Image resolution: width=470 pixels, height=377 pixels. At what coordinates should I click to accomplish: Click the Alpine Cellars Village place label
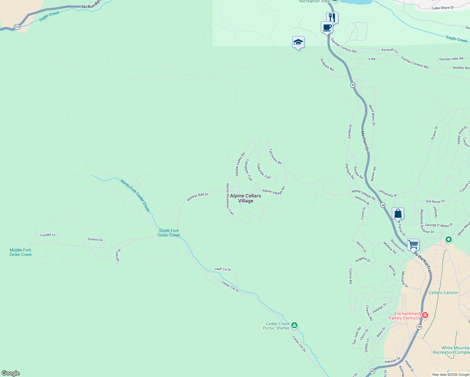click(x=245, y=198)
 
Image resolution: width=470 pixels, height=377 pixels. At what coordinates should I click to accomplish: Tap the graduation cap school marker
click(x=298, y=42)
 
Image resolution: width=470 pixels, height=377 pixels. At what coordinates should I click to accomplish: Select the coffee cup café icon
click(x=327, y=27)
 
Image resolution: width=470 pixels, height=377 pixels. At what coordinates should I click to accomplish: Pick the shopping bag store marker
click(x=398, y=213)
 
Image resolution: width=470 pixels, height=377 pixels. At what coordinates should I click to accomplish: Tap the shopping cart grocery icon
click(x=413, y=244)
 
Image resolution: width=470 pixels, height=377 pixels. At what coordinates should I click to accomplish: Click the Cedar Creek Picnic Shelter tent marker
click(x=294, y=325)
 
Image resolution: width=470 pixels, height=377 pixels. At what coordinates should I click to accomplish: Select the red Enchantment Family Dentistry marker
click(x=425, y=315)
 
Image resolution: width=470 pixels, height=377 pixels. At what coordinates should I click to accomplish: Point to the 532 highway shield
click(x=17, y=27)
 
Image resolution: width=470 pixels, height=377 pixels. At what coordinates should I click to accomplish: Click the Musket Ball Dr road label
click(x=198, y=197)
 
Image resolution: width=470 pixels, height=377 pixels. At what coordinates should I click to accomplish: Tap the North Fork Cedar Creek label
click(x=135, y=196)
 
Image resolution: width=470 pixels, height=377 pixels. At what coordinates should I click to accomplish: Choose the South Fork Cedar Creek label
click(x=169, y=233)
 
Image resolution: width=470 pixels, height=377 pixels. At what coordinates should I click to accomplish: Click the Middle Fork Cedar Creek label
click(x=20, y=252)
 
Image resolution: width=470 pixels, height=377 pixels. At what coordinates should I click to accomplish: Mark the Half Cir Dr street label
click(x=223, y=269)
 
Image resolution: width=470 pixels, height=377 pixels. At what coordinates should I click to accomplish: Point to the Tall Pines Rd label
click(x=275, y=156)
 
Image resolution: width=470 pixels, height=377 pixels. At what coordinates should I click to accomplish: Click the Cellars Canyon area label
click(x=443, y=292)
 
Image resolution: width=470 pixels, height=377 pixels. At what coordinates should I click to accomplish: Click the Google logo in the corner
click(x=11, y=373)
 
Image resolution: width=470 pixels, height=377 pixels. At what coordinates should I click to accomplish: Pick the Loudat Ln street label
click(x=48, y=235)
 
